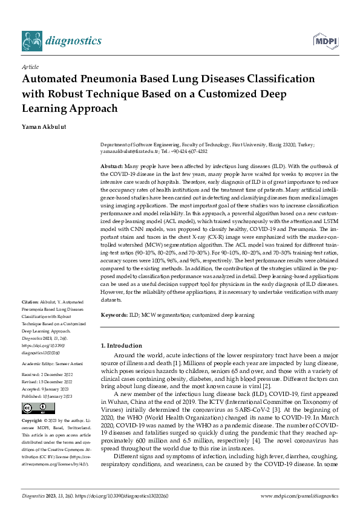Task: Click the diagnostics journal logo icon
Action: click(31, 41)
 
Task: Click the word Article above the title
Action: click(30, 68)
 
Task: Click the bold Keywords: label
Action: click(114, 315)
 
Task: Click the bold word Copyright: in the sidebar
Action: click(33, 420)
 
